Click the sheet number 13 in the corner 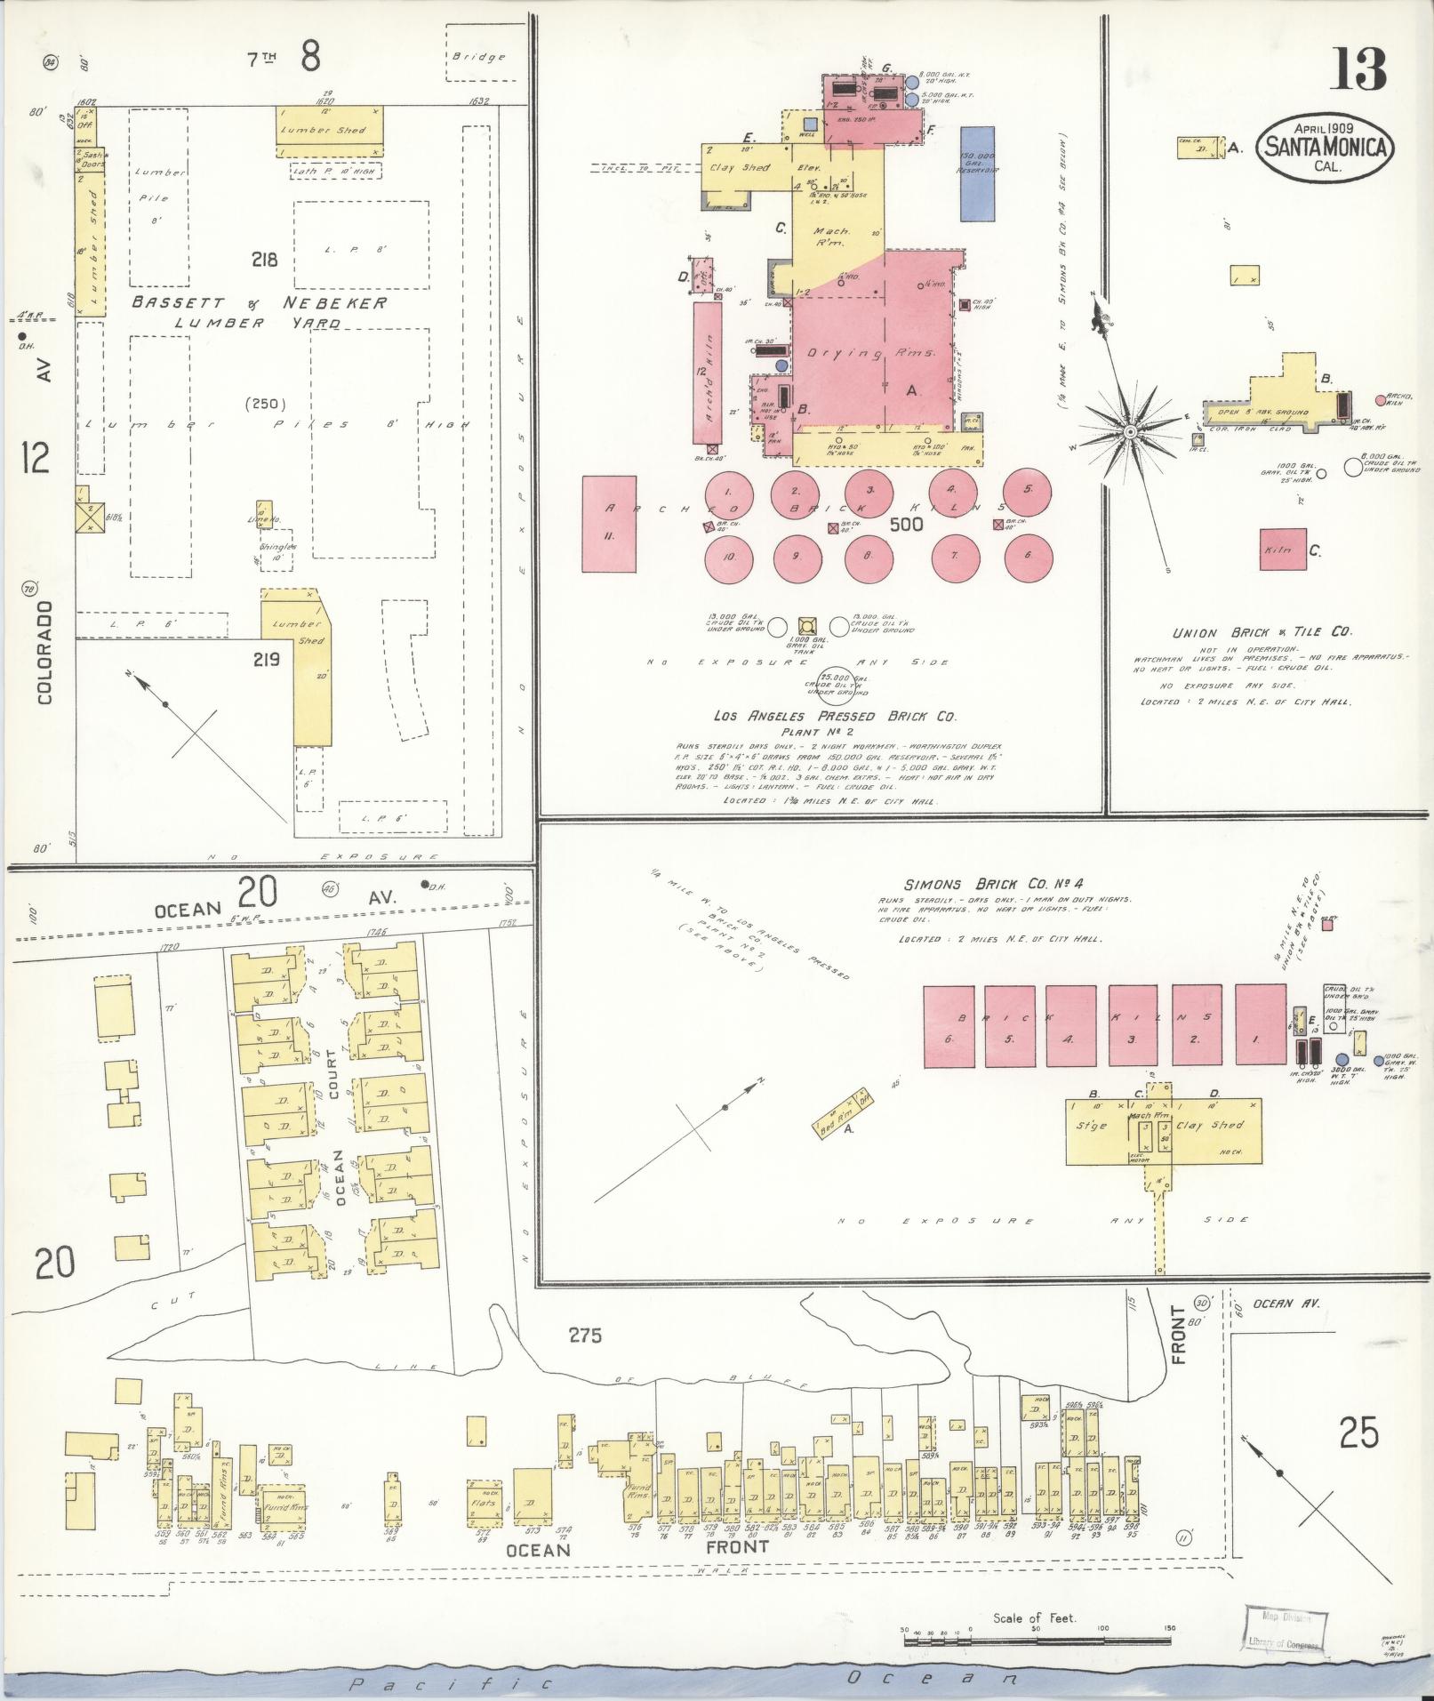1358,70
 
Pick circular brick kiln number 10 728,558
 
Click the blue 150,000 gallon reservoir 978,173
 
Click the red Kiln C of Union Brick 1282,550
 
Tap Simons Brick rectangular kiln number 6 949,1025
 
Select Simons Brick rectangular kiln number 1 1260,1025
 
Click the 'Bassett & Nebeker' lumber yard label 259,303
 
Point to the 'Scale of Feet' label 1035,1617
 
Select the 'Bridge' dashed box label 478,57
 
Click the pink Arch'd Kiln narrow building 708,373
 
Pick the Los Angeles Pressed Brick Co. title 833,716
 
